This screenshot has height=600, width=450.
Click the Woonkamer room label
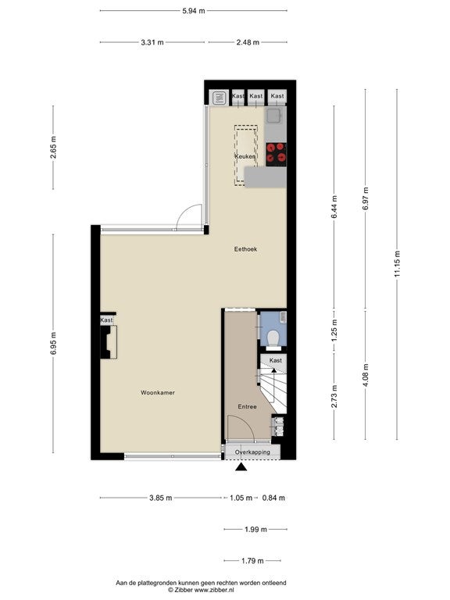[158, 393]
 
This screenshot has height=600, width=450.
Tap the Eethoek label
[245, 249]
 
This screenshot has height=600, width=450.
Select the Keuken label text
[245, 156]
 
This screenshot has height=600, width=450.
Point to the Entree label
[247, 406]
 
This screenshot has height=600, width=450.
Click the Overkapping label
[252, 452]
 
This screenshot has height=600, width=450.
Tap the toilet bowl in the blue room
[273, 338]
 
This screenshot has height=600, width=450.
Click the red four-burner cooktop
[276, 154]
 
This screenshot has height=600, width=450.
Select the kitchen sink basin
[274, 115]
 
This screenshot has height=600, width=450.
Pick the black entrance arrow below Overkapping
[241, 466]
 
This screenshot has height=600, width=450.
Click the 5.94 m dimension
[194, 11]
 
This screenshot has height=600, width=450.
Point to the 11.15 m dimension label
[397, 263]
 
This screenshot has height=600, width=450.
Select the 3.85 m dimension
[160, 498]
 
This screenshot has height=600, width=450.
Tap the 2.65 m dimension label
[53, 147]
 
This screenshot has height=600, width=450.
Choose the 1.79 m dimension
[252, 561]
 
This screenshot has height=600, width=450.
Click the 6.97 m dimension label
[366, 198]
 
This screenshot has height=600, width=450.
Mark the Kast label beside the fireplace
[106, 320]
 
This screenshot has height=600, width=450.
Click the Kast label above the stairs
[276, 360]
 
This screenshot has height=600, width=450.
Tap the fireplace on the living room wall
[109, 342]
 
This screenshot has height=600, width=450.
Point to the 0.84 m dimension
[273, 498]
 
